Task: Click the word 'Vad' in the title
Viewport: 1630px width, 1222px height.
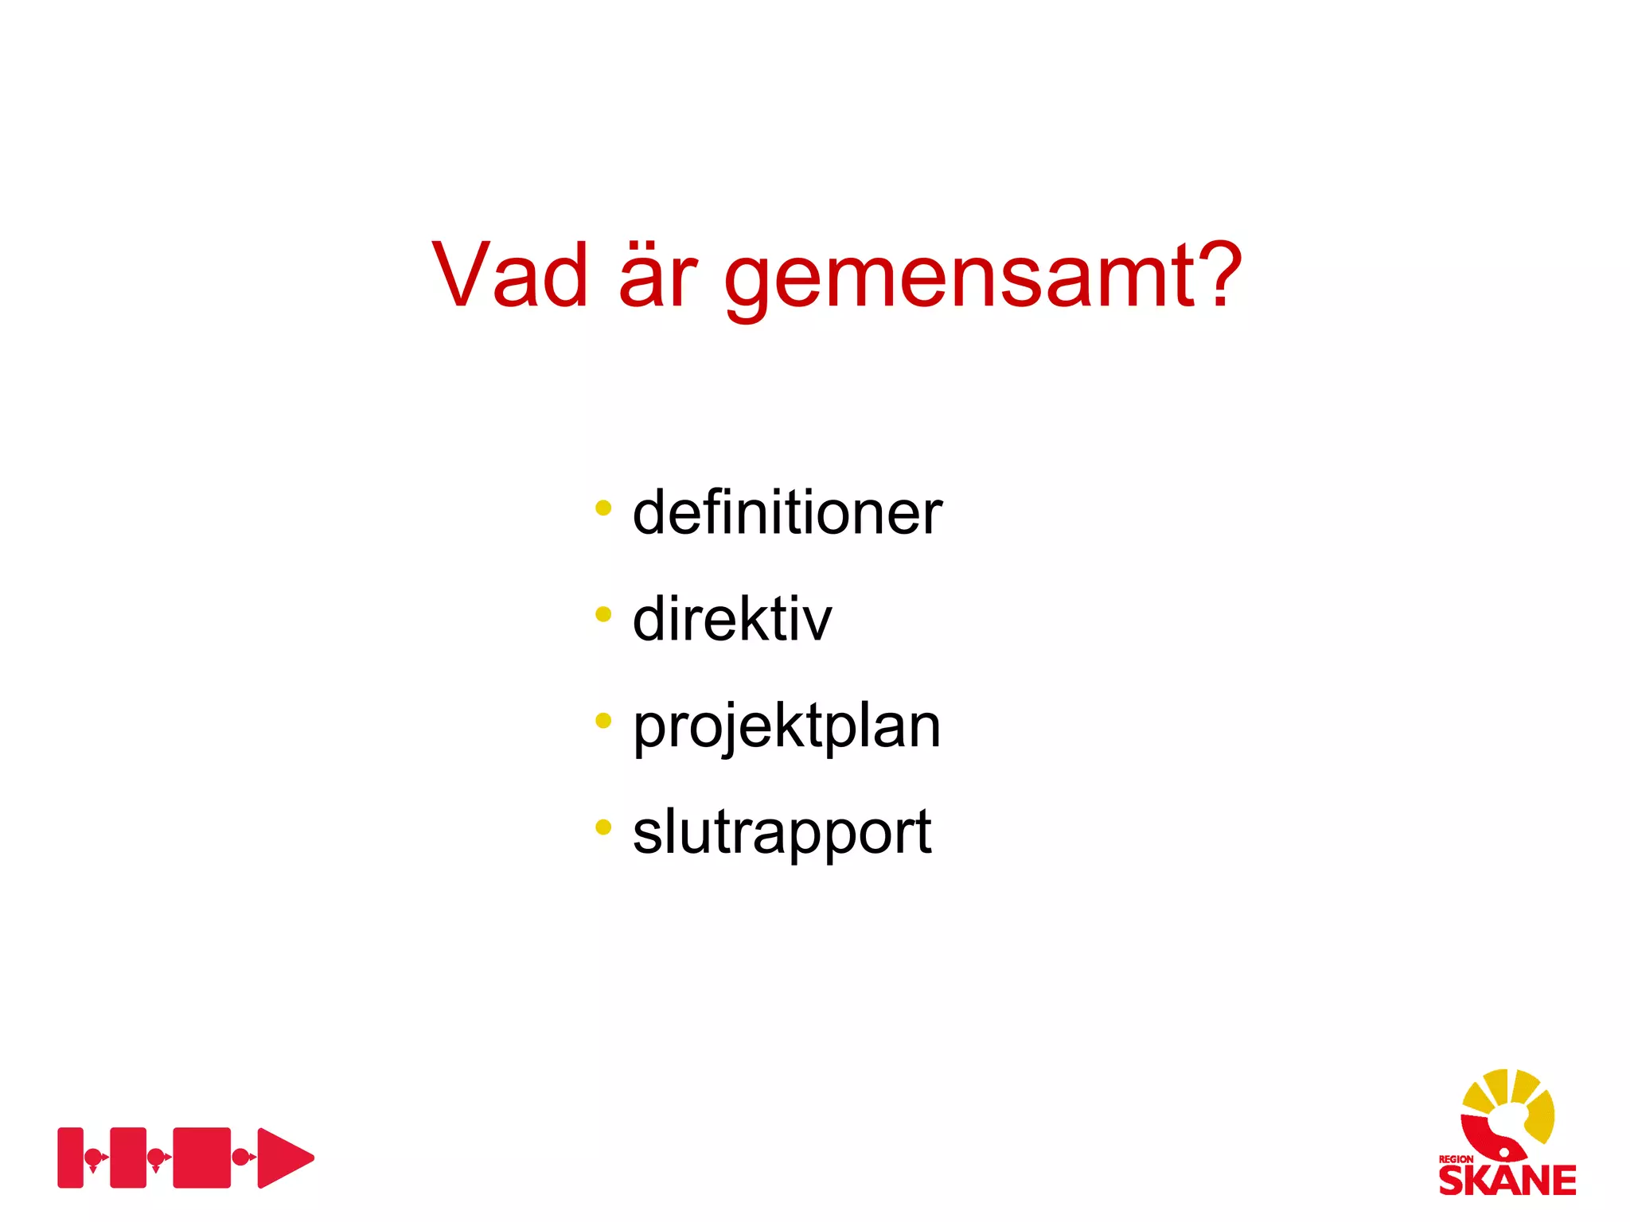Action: click(x=509, y=275)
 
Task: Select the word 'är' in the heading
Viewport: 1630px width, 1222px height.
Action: click(x=657, y=275)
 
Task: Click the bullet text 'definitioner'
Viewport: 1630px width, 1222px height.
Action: click(x=786, y=513)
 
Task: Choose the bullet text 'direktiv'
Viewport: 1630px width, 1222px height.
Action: click(x=731, y=620)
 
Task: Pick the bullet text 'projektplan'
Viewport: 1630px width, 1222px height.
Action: click(x=786, y=727)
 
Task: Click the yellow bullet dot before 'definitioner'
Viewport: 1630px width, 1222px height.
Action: click(x=603, y=508)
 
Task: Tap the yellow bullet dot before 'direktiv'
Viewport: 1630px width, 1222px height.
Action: click(x=603, y=614)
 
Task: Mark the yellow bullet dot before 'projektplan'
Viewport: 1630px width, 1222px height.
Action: click(x=603, y=721)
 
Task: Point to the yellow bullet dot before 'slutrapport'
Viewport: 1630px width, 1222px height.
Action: click(x=603, y=827)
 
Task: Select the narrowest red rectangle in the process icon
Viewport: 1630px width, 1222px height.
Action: click(x=70, y=1158)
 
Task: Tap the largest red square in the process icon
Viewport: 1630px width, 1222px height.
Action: click(x=201, y=1158)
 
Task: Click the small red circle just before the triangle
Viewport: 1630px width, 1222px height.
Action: click(x=240, y=1157)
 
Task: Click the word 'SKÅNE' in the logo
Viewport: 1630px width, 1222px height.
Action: click(x=1507, y=1181)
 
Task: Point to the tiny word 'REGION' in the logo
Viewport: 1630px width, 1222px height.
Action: click(x=1455, y=1159)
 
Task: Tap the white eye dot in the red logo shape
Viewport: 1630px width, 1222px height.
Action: click(x=1503, y=1150)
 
